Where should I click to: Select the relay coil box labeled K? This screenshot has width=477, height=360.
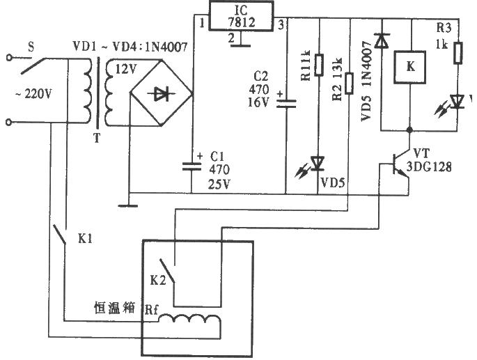[x=411, y=68]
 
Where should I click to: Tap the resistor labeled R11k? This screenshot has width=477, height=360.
[x=319, y=65]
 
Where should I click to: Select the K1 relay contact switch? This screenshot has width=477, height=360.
[x=61, y=237]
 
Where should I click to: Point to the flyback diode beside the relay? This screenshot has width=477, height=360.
[x=380, y=42]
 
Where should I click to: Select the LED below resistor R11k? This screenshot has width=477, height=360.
[x=318, y=164]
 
